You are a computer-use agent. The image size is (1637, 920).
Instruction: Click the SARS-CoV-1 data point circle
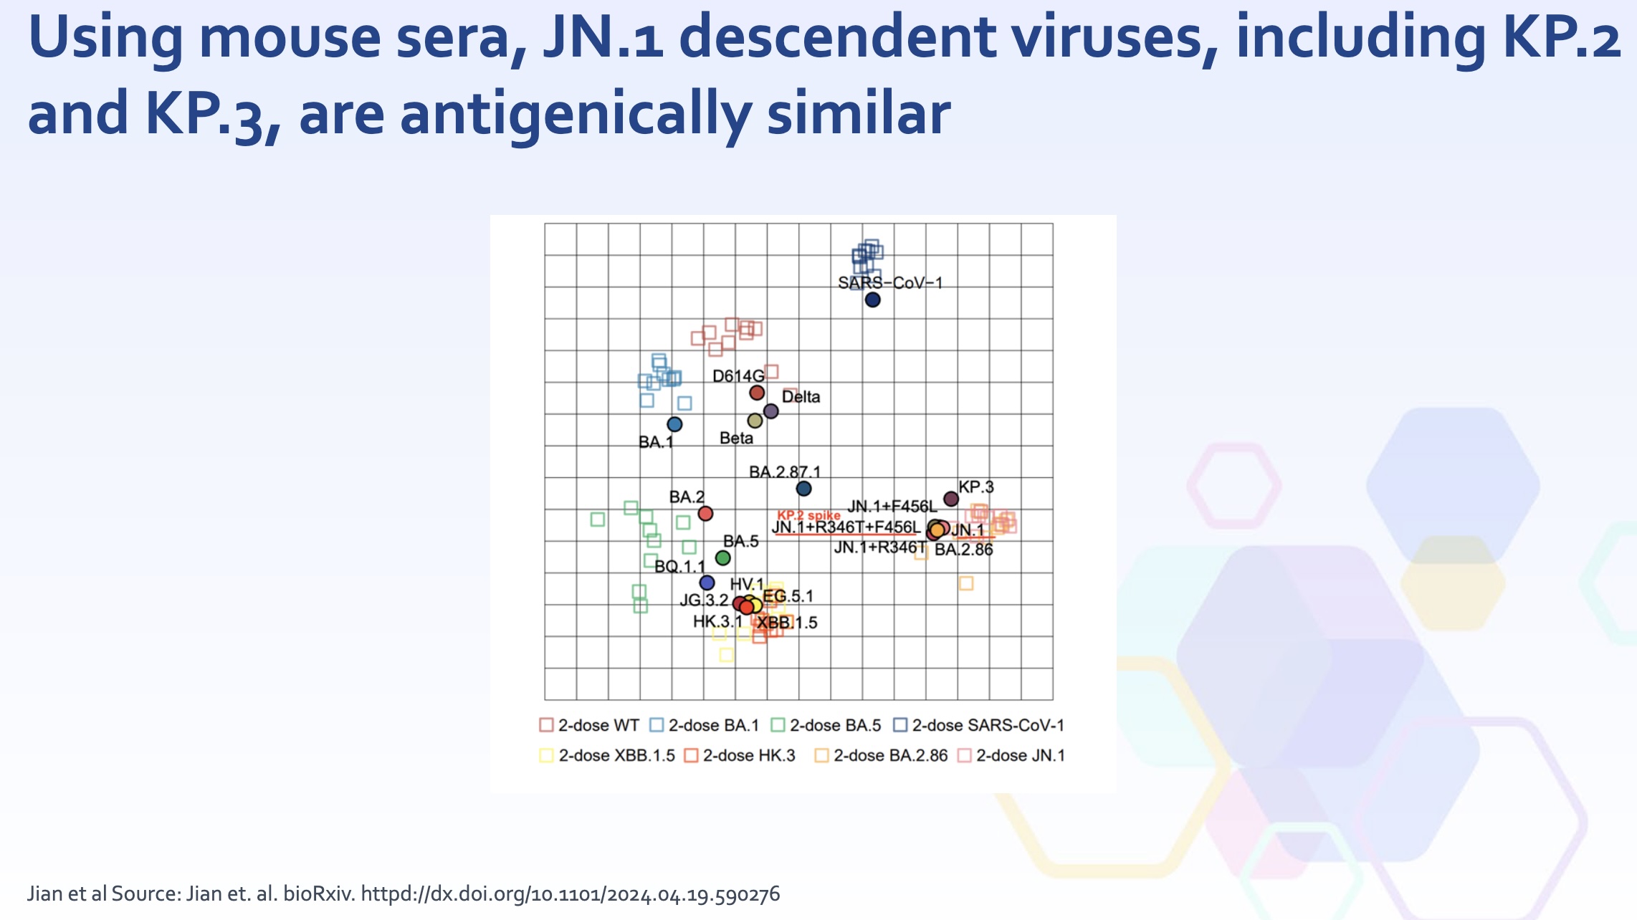tap(872, 300)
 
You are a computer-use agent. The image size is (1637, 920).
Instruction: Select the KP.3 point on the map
tap(951, 499)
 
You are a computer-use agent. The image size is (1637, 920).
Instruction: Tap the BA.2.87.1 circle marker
tap(804, 489)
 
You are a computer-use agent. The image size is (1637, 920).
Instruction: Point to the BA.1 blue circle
tap(674, 424)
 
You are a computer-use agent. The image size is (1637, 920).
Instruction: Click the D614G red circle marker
tap(757, 393)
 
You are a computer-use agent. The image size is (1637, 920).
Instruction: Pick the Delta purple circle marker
tap(771, 411)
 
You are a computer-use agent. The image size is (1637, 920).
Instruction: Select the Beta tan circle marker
tap(755, 421)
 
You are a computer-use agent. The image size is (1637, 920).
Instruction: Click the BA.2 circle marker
tap(705, 514)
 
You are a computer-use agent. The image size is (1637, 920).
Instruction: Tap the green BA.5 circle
tap(723, 558)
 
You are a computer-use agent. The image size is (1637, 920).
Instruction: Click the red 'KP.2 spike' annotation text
tap(808, 515)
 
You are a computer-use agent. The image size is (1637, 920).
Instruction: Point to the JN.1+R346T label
tap(879, 547)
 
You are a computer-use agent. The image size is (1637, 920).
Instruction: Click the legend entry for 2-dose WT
tap(589, 725)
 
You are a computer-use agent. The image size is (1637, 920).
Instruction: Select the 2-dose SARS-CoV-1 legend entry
tap(979, 725)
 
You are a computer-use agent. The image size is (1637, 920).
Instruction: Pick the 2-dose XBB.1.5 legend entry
tap(607, 755)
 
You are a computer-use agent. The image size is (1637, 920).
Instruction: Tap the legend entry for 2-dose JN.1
tap(1012, 755)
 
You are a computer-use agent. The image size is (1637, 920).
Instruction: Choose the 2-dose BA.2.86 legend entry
tap(881, 755)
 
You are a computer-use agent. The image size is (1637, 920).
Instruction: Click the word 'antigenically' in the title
tap(576, 115)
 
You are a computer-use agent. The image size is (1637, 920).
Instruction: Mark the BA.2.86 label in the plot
tap(964, 550)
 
